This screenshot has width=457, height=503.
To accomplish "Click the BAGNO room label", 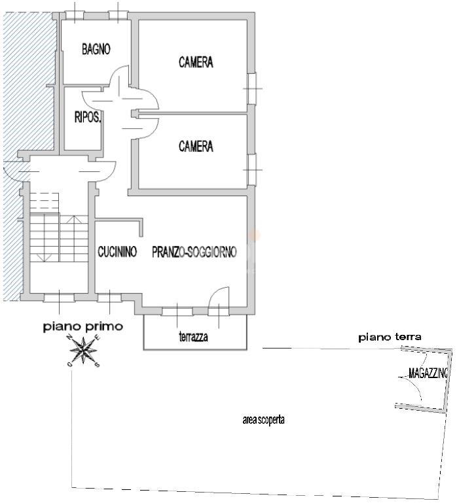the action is pos(96,50).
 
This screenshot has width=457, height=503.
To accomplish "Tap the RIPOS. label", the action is pos(88,117).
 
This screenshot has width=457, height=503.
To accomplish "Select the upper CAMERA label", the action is pos(196,62).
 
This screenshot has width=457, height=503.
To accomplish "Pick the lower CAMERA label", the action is pos(196,147).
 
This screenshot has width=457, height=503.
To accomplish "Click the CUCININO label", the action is pos(118,251).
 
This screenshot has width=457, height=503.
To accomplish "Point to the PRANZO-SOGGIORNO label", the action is pos(194,252).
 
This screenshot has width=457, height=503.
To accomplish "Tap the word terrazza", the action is pos(193,337).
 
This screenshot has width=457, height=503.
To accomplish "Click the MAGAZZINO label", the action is pos(428,373).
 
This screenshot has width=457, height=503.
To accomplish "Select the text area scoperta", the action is pos(263,420).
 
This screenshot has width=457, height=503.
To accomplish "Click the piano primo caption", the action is pos(83,327).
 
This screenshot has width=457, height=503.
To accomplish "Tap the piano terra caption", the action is pos(390,337).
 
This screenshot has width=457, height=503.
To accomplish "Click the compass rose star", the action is pos(84,351).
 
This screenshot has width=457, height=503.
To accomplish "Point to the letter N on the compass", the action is pos(69,337).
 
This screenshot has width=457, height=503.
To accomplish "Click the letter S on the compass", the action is pos(98,365).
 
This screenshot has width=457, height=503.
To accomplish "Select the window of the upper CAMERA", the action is pos(253,88).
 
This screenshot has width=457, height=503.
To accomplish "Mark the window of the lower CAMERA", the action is pos(253,169).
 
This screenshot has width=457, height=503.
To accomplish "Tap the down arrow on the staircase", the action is pos(45,256).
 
